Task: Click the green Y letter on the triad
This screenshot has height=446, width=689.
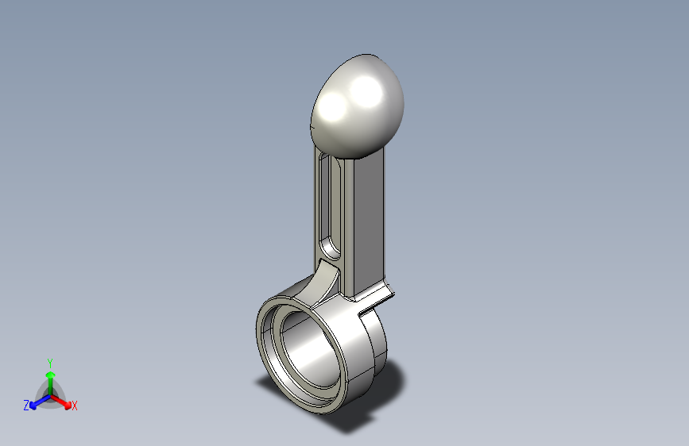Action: click(x=49, y=361)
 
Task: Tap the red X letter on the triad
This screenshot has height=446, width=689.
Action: click(x=75, y=406)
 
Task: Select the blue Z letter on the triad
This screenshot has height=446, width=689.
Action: click(x=26, y=406)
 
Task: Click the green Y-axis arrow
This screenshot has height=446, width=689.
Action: click(x=49, y=377)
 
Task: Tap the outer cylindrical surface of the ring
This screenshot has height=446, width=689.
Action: click(x=350, y=349)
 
